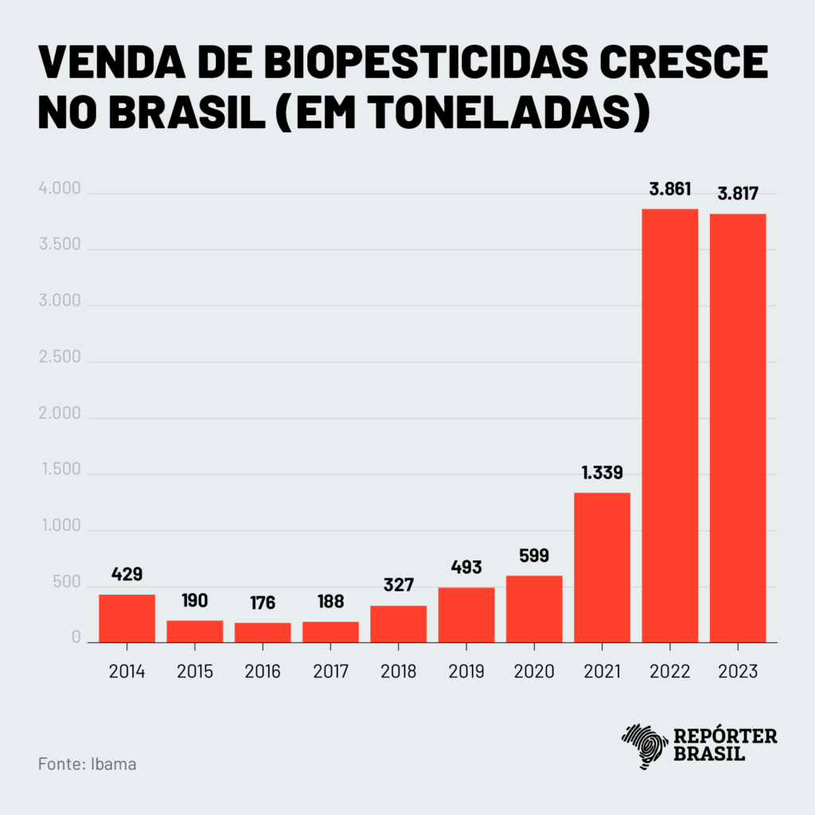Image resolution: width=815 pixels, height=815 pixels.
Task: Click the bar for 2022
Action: [x=669, y=425]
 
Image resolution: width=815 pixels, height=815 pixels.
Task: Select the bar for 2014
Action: [x=127, y=618]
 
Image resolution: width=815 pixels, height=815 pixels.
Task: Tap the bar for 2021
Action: [x=602, y=567]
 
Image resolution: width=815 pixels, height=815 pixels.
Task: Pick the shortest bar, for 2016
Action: [x=263, y=632]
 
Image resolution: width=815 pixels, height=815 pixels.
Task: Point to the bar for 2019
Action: [x=466, y=614]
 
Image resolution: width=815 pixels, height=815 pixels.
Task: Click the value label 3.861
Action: [x=669, y=189]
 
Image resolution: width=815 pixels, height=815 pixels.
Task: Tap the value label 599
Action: [x=534, y=556]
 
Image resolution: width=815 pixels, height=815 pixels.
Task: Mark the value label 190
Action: [x=195, y=600]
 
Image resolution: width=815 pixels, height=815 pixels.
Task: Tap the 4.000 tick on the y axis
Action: [x=60, y=189]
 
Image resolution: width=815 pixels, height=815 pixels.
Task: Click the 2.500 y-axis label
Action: [x=60, y=357]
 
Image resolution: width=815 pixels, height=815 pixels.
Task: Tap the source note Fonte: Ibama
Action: [x=87, y=764]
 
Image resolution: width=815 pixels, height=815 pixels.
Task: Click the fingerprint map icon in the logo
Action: [x=644, y=745]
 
